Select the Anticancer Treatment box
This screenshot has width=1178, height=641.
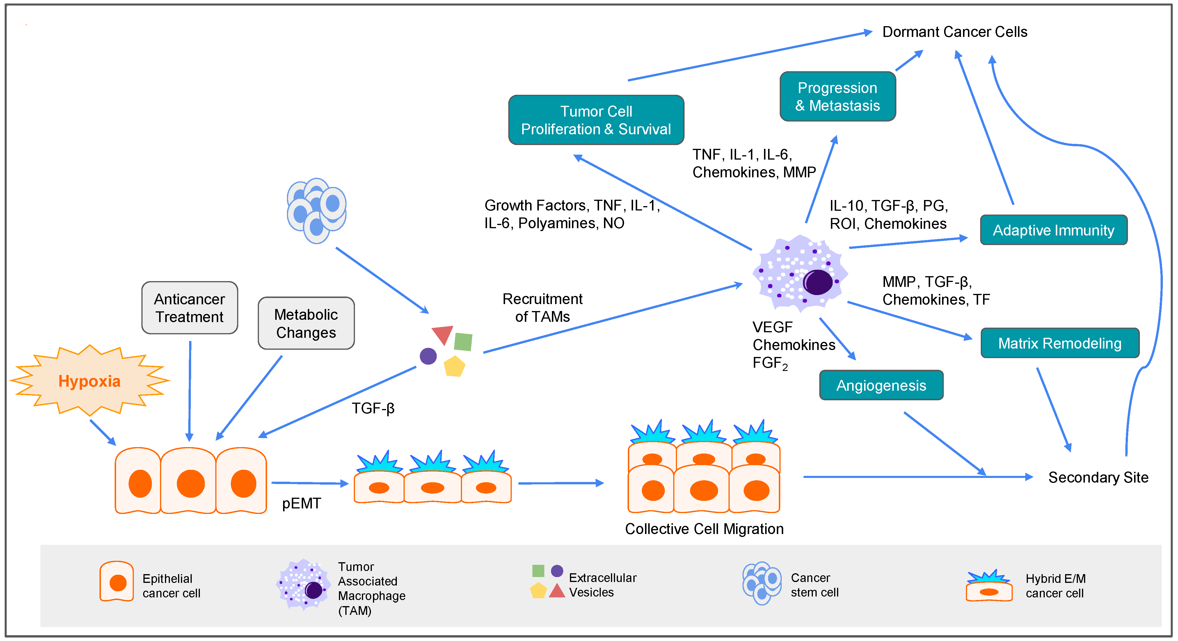[189, 308]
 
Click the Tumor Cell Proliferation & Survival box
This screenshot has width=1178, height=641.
[596, 120]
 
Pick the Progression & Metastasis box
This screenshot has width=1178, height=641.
[837, 97]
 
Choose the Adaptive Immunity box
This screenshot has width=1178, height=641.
[1053, 230]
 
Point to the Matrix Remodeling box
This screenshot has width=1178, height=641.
[1060, 343]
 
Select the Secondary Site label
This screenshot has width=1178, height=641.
[1098, 477]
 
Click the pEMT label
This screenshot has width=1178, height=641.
[301, 503]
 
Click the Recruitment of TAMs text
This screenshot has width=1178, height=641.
[542, 308]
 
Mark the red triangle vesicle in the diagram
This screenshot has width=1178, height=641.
[442, 334]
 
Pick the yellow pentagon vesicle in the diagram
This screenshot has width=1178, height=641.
[454, 366]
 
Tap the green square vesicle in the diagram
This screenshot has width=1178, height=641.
[463, 342]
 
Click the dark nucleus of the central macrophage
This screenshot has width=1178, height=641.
[818, 282]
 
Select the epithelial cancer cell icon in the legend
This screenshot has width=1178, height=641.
[117, 582]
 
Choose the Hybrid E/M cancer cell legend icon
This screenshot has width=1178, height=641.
[989, 587]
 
